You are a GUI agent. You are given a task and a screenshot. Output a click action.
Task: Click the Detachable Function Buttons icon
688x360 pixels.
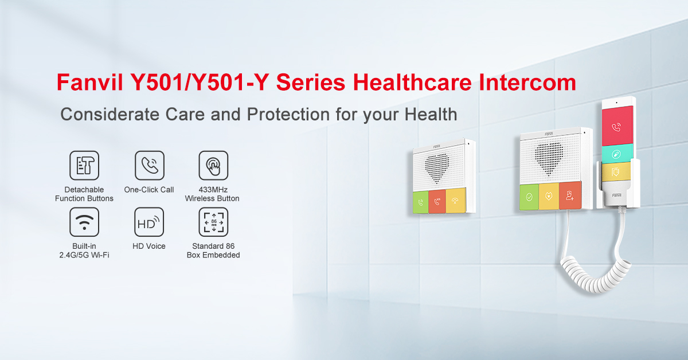84,165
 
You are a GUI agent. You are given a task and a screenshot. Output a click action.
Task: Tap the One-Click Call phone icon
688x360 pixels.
150,165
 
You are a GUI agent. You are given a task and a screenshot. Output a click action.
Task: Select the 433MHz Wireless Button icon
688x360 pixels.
213,165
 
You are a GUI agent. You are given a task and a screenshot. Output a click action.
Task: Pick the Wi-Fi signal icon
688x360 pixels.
84,222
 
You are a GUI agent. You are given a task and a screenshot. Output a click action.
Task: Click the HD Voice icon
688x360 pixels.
149,222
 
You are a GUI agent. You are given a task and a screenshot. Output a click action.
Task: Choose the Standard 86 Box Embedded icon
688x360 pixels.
213,222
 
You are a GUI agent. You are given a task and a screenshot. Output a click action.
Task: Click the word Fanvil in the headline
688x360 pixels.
89,83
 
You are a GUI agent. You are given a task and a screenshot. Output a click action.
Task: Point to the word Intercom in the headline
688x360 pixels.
527,83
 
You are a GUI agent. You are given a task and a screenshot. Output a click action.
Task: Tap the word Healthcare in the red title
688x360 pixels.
412,83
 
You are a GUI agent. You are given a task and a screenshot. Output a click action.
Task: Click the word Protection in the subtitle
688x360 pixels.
288,114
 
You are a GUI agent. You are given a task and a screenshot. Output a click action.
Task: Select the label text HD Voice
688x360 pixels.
149,246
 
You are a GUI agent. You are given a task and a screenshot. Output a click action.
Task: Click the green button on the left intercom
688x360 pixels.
421,202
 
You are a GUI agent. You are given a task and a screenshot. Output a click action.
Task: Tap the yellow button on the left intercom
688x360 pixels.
456,200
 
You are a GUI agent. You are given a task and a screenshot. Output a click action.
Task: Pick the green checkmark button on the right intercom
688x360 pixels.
529,197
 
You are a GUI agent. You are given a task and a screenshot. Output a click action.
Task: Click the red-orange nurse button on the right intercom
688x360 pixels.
570,195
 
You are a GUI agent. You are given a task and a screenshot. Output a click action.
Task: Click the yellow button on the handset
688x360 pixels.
616,172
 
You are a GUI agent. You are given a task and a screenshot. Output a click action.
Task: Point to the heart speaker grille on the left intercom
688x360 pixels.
437,167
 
